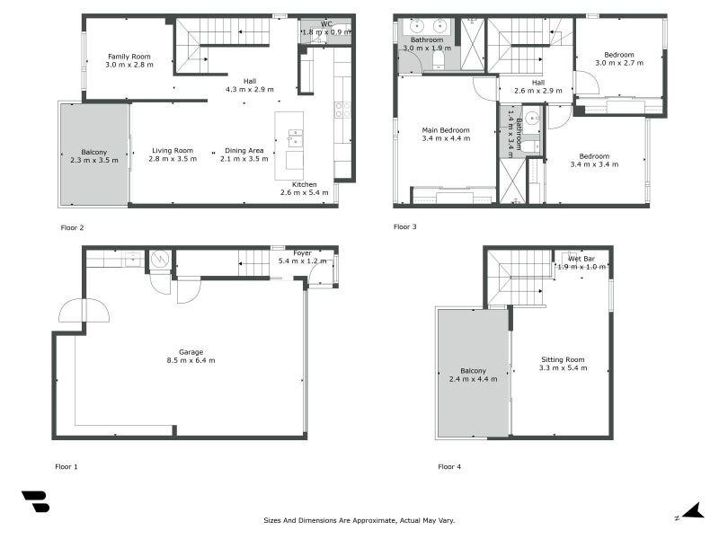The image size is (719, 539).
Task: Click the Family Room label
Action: click(x=129, y=57)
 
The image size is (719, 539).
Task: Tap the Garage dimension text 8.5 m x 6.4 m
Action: click(x=191, y=361)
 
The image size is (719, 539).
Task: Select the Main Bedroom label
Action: click(x=446, y=130)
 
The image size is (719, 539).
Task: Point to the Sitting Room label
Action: click(x=563, y=360)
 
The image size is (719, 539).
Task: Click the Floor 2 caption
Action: click(x=72, y=228)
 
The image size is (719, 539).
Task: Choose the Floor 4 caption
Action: click(x=449, y=466)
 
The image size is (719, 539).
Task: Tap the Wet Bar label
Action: click(x=581, y=259)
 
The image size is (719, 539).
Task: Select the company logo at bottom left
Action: click(x=36, y=501)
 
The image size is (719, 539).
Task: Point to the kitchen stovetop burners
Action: click(x=342, y=110)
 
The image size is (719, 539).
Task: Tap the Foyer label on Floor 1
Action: click(x=302, y=253)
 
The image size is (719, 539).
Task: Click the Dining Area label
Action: click(x=244, y=151)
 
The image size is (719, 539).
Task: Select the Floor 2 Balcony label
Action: click(x=94, y=152)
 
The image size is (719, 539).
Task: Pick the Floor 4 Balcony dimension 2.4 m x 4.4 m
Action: click(x=474, y=379)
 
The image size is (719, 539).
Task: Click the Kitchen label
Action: click(x=305, y=185)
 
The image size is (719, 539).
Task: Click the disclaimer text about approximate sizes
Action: click(x=359, y=520)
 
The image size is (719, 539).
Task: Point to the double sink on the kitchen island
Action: click(x=296, y=138)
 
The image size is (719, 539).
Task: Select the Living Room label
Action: click(x=173, y=151)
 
